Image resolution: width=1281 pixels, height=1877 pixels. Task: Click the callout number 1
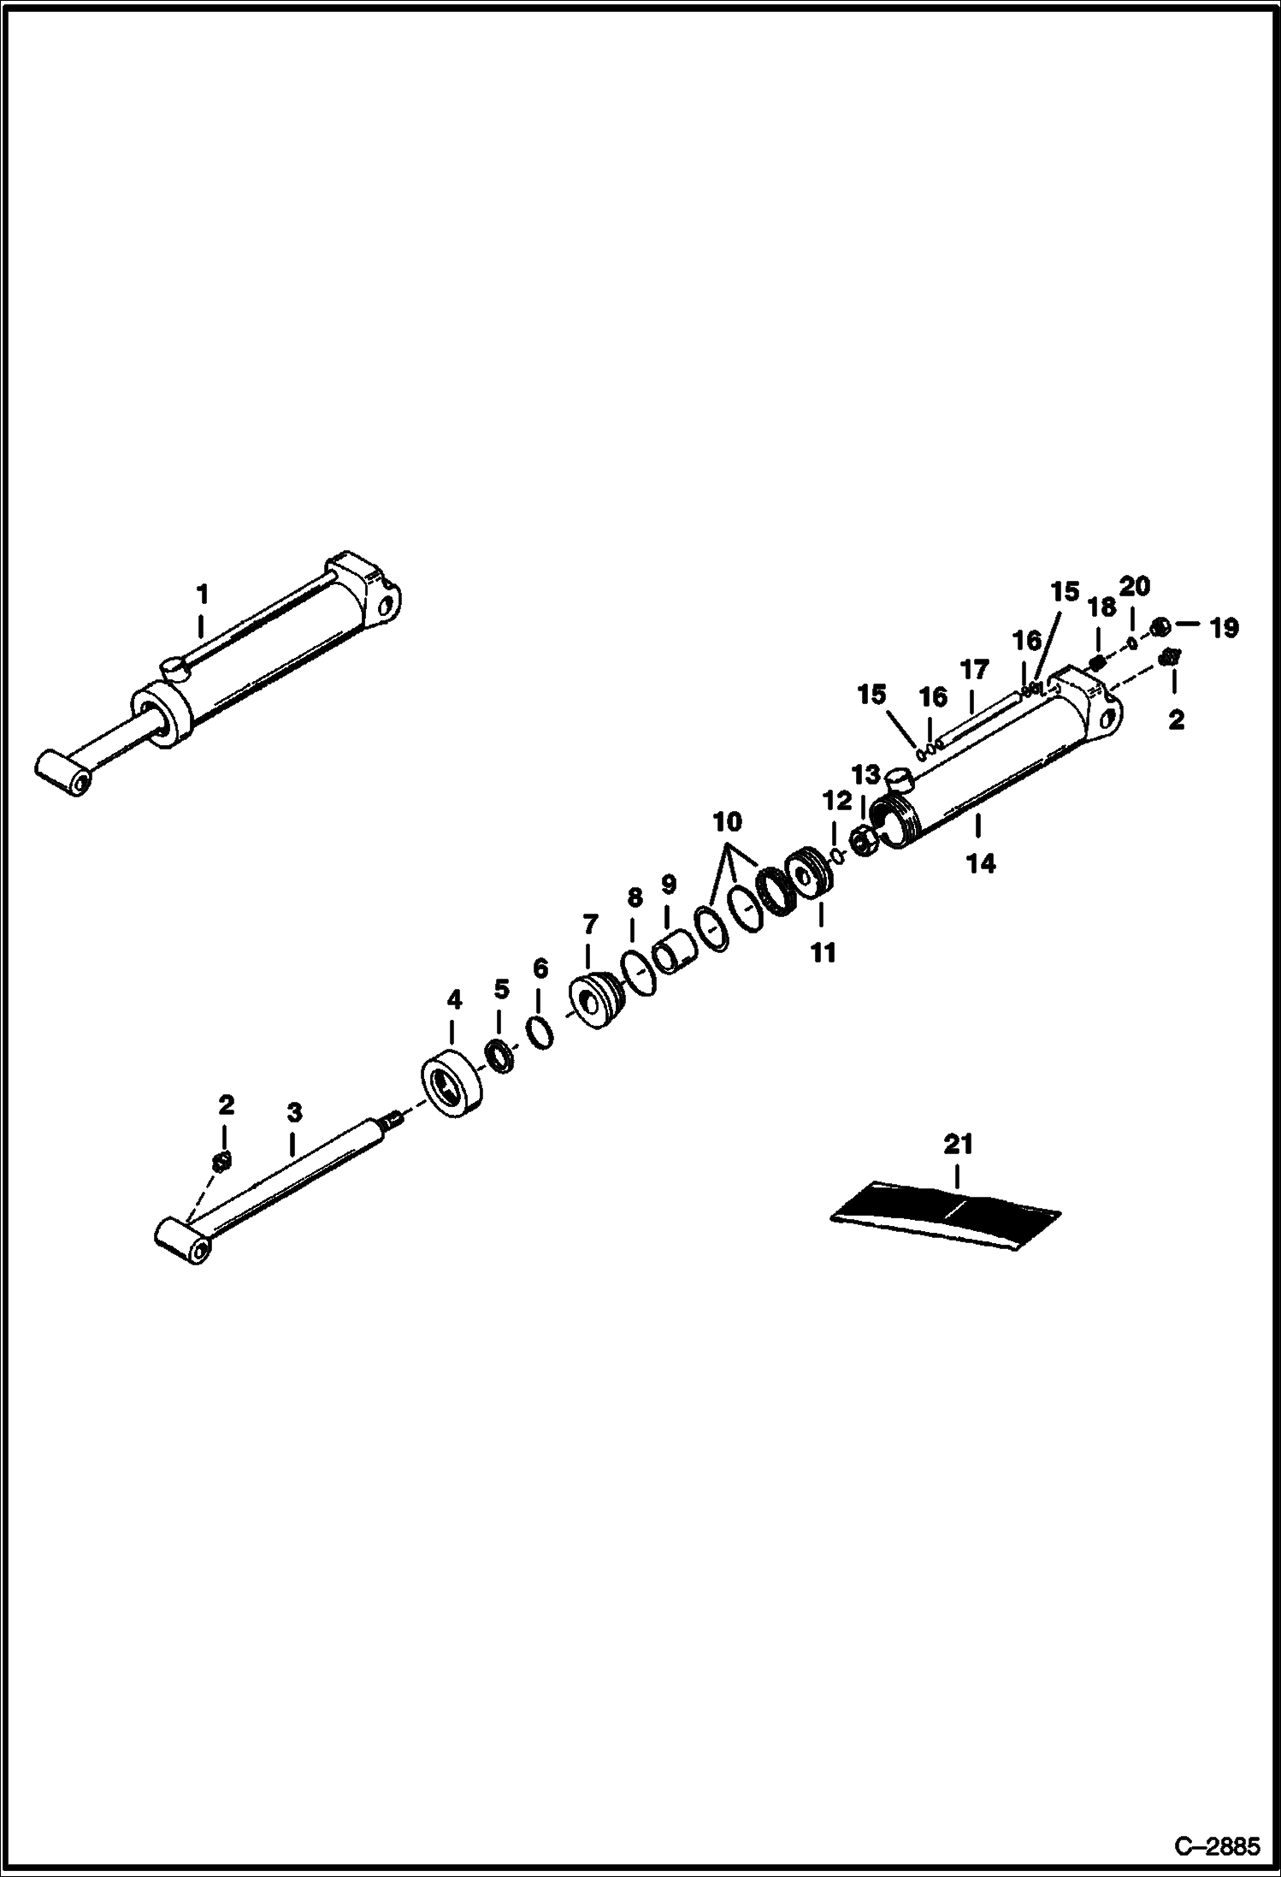(202, 593)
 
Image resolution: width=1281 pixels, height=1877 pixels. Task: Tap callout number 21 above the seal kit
(958, 1144)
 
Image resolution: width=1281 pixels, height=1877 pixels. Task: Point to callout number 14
(981, 864)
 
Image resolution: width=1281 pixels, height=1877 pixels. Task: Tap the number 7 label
(590, 925)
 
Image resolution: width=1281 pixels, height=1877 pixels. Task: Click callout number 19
(1225, 628)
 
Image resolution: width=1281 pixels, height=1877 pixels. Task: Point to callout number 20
(1135, 587)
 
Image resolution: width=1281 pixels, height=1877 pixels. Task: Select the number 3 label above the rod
(293, 1113)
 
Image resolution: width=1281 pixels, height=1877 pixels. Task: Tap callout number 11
(823, 952)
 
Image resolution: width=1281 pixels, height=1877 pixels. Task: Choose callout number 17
(974, 669)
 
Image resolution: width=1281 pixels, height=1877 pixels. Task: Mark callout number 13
(865, 775)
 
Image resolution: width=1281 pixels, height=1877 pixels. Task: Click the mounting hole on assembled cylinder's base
(387, 609)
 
